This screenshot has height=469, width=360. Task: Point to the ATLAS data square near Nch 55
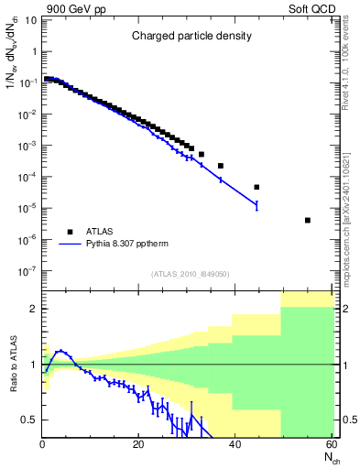pos(307,220)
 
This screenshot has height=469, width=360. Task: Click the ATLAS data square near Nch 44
pos(256,187)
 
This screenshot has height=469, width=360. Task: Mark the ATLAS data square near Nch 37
pos(221,166)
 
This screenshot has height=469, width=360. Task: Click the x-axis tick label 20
pos(138,445)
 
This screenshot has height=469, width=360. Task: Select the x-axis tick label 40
pos(235,445)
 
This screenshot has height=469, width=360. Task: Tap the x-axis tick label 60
pos(331,445)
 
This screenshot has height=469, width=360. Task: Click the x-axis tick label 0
pos(42,445)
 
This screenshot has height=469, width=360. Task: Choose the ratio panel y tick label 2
pos(34,309)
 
